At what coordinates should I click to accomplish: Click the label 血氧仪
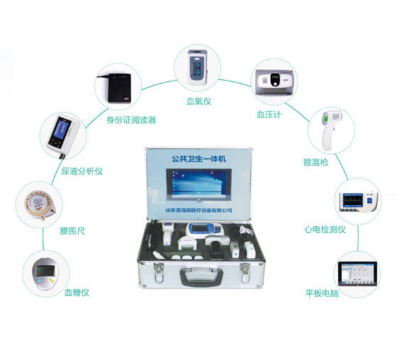point(199,101)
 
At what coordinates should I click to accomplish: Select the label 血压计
point(269,113)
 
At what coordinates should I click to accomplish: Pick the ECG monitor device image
point(354,200)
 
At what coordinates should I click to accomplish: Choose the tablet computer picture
point(357,275)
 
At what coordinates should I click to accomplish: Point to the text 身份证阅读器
point(131,120)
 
